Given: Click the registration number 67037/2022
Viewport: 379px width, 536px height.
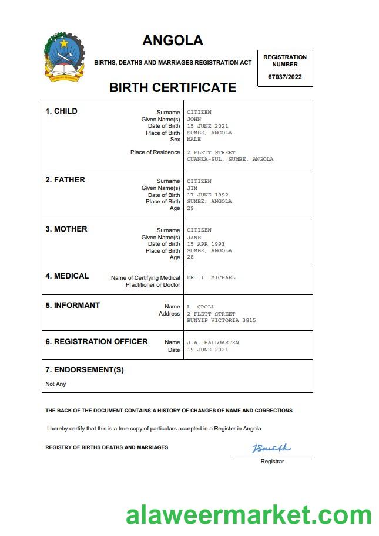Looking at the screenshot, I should pyautogui.click(x=285, y=77).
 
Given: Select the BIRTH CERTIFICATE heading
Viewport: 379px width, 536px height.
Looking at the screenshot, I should pyautogui.click(x=173, y=88).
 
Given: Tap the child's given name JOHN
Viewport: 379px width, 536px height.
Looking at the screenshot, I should pyautogui.click(x=194, y=119).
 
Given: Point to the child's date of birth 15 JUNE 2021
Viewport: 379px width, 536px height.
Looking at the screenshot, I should pyautogui.click(x=207, y=126).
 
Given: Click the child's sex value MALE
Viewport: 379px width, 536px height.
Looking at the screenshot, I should pyautogui.click(x=194, y=140).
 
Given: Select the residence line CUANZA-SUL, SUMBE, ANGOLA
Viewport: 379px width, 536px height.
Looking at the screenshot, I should pyautogui.click(x=230, y=159).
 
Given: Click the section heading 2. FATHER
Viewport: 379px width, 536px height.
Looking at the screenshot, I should pyautogui.click(x=65, y=180).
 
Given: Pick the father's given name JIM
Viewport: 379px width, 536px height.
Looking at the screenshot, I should pyautogui.click(x=192, y=188).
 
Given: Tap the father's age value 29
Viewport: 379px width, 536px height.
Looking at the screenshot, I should pyautogui.click(x=190, y=208).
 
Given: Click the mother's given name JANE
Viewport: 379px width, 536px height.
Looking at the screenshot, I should pyautogui.click(x=194, y=238).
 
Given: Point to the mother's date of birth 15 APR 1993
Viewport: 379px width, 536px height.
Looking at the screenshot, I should pyautogui.click(x=206, y=244).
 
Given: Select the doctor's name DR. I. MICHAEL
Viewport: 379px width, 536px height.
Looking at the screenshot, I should pyautogui.click(x=211, y=277).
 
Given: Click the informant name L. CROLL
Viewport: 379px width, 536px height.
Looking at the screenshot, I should pyautogui.click(x=201, y=307).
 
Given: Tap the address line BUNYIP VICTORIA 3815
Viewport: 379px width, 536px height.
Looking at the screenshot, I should pyautogui.click(x=221, y=320).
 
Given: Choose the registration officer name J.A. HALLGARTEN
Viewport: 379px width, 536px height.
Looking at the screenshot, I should pyautogui.click(x=213, y=342).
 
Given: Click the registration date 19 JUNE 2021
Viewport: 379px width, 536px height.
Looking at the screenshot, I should pyautogui.click(x=207, y=350).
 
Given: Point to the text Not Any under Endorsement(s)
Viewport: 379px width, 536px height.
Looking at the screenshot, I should pyautogui.click(x=56, y=384).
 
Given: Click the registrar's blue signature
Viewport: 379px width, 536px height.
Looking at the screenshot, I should pyautogui.click(x=271, y=449).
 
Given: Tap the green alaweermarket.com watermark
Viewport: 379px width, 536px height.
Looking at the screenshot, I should pyautogui.click(x=249, y=515).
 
